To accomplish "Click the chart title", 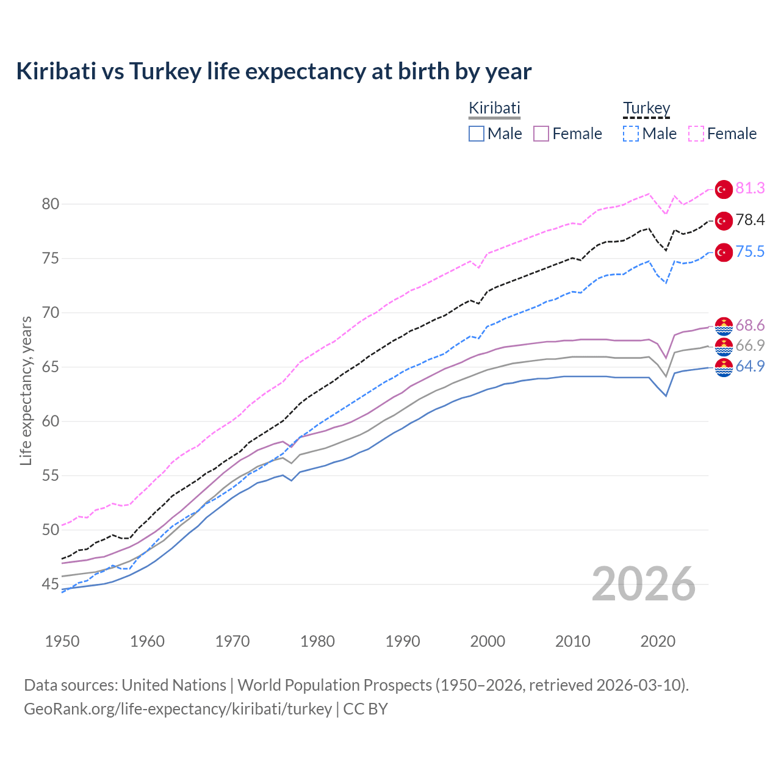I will [274, 71].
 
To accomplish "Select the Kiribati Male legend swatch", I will [477, 134].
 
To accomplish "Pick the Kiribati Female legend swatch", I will [542, 134].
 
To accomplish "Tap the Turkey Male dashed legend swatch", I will [631, 134].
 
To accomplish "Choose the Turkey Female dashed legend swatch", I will [696, 134].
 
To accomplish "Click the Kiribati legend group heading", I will [494, 108].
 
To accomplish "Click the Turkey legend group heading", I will [646, 108].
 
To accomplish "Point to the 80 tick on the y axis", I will [51, 204].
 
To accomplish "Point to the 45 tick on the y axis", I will [51, 585].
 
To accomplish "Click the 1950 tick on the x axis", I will [62, 641].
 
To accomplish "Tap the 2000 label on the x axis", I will [488, 641].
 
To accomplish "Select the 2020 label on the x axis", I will [658, 641].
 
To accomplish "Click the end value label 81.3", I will [750, 189].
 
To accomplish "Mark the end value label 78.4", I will [750, 220].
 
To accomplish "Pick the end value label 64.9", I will [750, 366].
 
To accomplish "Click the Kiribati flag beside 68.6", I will [724, 326].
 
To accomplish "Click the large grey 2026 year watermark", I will [644, 584].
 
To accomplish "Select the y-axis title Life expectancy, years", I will [26, 390].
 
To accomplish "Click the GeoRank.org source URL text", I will [178, 709].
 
